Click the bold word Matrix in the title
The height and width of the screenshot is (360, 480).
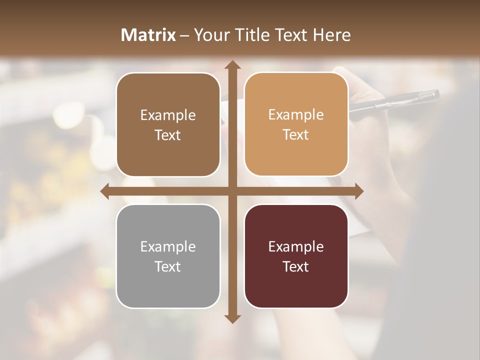point(148,35)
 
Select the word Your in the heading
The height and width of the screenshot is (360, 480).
point(210,35)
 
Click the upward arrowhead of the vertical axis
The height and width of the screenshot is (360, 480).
point(231,65)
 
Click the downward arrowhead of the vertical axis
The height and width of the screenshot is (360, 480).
point(231,318)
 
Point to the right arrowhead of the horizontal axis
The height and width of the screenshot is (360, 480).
point(358,191)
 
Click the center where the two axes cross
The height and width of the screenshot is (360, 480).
point(231,191)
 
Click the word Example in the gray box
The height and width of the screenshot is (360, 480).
point(168,246)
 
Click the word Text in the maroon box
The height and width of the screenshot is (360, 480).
point(296,266)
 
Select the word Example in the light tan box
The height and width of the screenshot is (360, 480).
point(296,114)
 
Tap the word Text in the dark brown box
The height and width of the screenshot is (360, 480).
point(168,135)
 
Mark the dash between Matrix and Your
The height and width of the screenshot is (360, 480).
point(184,35)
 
